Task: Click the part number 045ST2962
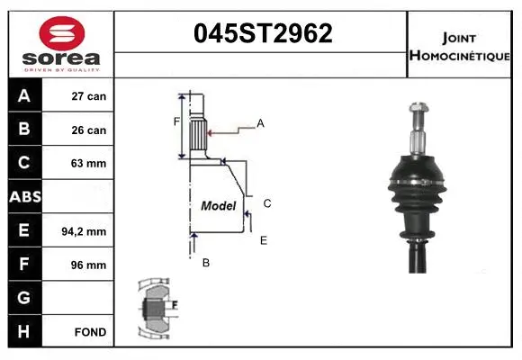click(263, 33)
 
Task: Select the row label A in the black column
click(24, 95)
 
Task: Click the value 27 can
click(89, 96)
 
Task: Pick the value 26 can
click(89, 130)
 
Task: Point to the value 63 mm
click(89, 163)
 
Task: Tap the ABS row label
click(24, 197)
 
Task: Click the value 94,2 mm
click(89, 231)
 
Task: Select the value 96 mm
click(89, 265)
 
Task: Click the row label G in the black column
click(24, 298)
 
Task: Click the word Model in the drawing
click(218, 205)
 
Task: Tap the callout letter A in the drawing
click(260, 123)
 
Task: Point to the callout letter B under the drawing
click(205, 263)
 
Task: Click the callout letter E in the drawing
click(264, 240)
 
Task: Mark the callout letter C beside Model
click(267, 203)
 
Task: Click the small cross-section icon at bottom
click(155, 308)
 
